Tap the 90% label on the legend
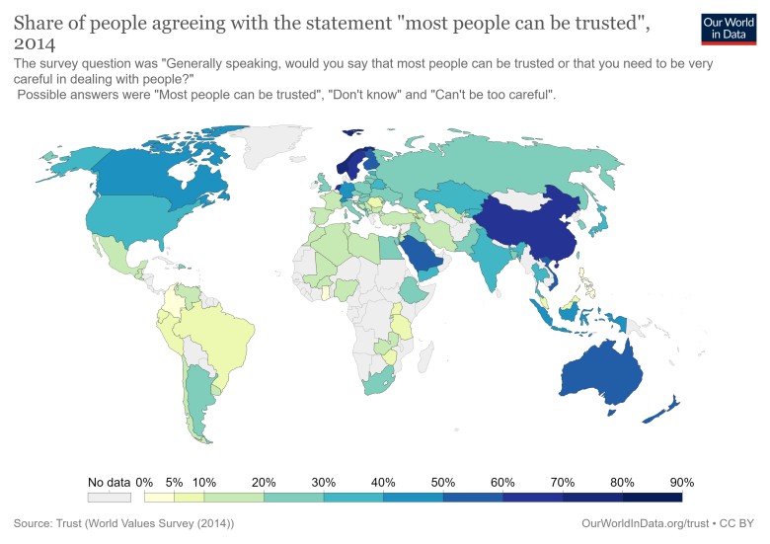682,482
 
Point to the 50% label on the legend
443,482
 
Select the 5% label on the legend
174,482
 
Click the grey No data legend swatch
109,496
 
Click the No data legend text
109,482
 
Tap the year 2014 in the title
36,44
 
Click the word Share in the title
38,21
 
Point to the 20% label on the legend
264,482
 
